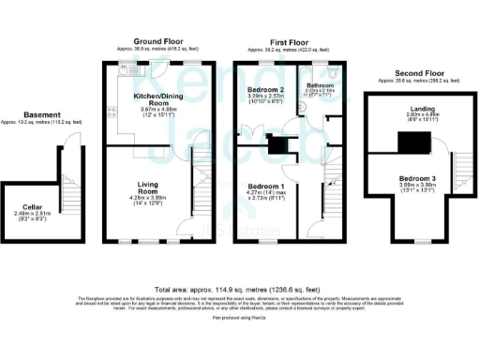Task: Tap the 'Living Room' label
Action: click(x=149, y=187)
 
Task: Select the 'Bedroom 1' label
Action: click(x=266, y=187)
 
